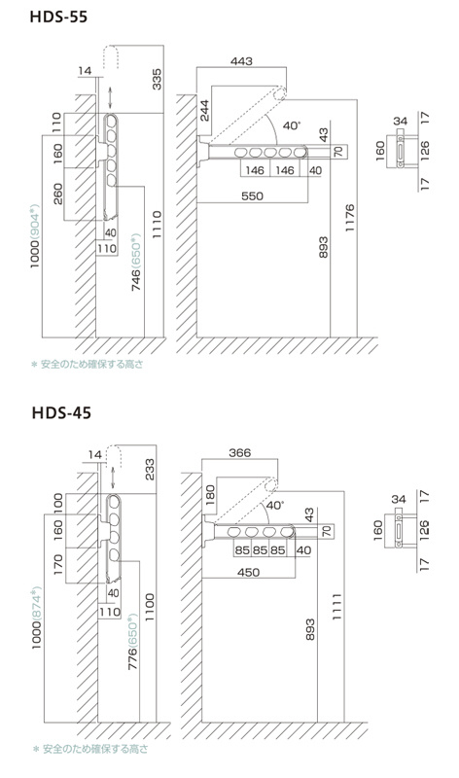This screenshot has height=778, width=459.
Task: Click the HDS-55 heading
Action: [58, 17]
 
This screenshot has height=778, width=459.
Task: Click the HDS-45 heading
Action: [61, 412]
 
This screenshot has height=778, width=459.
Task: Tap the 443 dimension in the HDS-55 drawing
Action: [242, 61]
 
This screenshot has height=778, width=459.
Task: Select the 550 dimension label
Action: [252, 196]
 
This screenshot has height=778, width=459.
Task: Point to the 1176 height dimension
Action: [349, 218]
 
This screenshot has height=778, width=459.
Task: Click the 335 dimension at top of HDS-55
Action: [157, 80]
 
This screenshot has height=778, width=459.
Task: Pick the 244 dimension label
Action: [204, 110]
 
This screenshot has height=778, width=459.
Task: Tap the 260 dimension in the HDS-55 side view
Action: [57, 194]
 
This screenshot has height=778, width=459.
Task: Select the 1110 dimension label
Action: [157, 225]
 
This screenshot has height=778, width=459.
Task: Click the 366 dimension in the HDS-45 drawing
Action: [239, 452]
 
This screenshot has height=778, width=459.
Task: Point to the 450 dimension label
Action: [248, 572]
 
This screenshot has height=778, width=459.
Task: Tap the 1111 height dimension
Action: [336, 606]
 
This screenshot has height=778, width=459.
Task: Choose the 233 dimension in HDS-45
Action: [150, 470]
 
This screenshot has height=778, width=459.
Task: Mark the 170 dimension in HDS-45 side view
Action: [57, 565]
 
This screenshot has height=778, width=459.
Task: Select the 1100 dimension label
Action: [150, 607]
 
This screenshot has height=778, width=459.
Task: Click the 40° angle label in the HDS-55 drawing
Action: [292, 125]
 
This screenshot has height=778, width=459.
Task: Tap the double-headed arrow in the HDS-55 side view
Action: [110, 96]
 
